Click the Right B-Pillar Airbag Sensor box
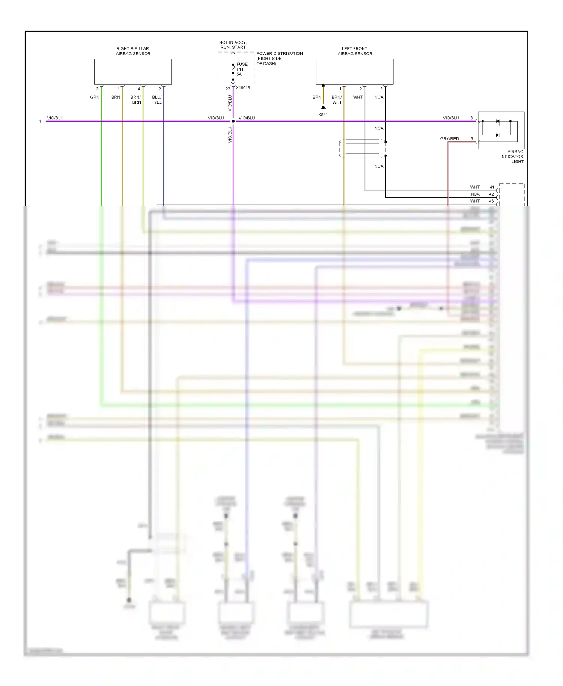(x=132, y=71)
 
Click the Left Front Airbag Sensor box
(x=354, y=71)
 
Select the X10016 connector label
(x=243, y=88)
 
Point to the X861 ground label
(x=323, y=114)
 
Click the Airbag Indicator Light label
(x=512, y=156)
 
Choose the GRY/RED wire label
(x=449, y=139)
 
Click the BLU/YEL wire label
(x=157, y=99)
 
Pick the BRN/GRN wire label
(x=136, y=99)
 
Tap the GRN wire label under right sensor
(x=95, y=97)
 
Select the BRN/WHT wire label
(x=337, y=99)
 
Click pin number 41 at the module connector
(x=492, y=187)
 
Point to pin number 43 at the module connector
(x=491, y=201)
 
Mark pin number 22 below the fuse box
(x=227, y=89)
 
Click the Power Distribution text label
(x=279, y=59)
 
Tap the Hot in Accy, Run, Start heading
(x=233, y=45)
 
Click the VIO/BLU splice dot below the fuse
(x=233, y=121)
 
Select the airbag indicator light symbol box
(x=501, y=130)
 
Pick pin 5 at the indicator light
(x=472, y=139)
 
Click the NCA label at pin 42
(x=475, y=194)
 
